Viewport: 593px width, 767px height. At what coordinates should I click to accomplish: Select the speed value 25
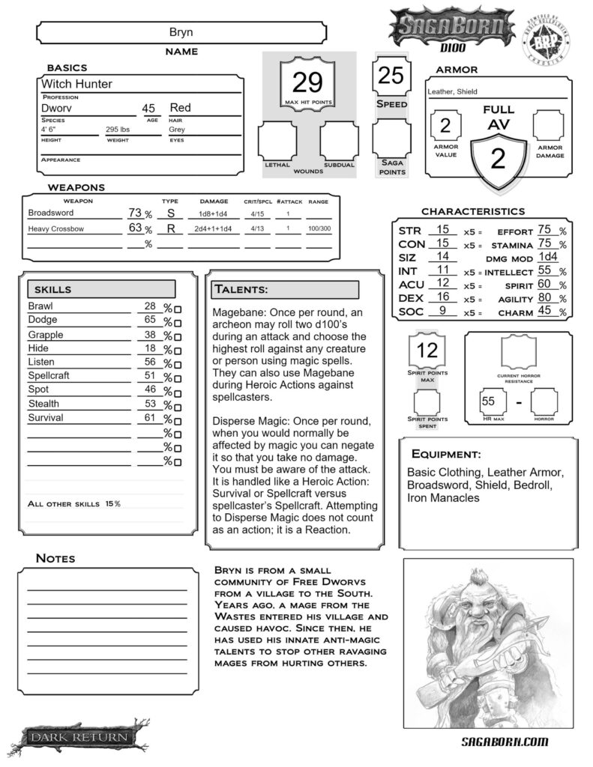pos(391,76)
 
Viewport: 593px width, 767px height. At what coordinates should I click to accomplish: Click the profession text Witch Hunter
pos(76,84)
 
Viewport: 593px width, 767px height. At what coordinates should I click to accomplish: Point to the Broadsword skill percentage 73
pos(135,213)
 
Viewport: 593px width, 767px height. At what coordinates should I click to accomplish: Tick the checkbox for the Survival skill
pos(178,420)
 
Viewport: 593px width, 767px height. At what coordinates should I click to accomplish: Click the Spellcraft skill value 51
pos(149,375)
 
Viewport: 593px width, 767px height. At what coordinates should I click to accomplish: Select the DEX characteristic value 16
pos(442,297)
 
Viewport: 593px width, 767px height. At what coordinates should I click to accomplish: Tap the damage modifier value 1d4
pos(548,257)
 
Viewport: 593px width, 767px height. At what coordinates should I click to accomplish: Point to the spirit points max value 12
pos(427,350)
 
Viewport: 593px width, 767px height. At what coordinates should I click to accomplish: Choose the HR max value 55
pos(489,401)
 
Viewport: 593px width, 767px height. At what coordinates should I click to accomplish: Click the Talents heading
pos(241,289)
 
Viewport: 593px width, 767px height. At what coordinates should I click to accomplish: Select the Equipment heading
pos(446,455)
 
